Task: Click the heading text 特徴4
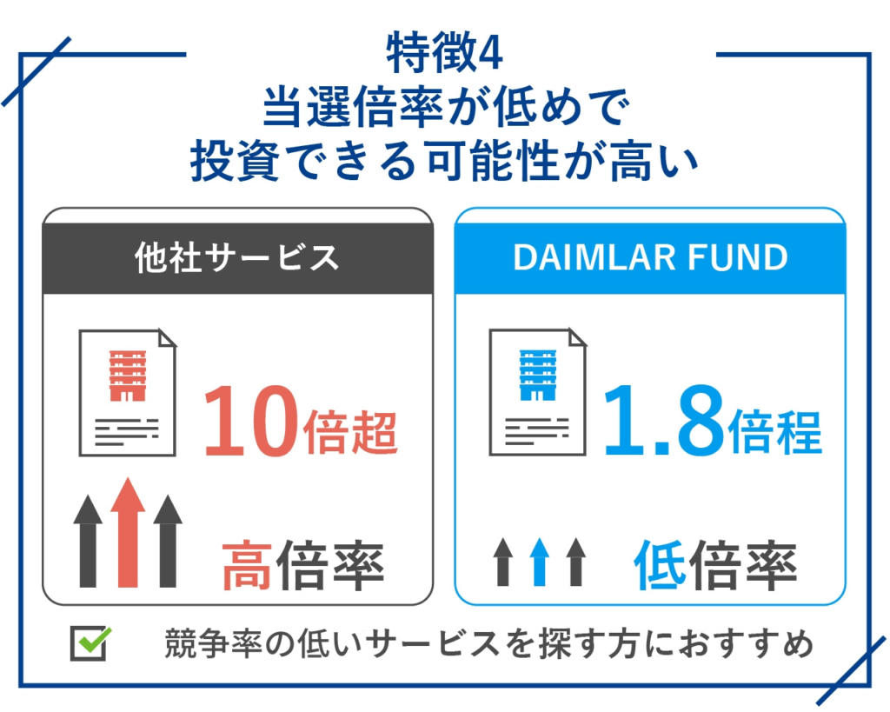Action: pos(444,53)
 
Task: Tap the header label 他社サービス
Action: pos(236,257)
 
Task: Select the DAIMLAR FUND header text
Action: pos(650,257)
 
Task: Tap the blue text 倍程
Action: pos(774,432)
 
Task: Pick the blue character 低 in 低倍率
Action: pos(659,565)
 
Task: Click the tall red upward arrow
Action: pos(128,532)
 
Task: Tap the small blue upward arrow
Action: pos(539,562)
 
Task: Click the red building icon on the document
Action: pos(128,376)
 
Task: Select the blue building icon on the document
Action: pos(537,376)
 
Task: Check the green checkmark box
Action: pos(90,643)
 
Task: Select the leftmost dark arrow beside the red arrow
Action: pos(88,541)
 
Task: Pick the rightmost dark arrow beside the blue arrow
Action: pos(576,562)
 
